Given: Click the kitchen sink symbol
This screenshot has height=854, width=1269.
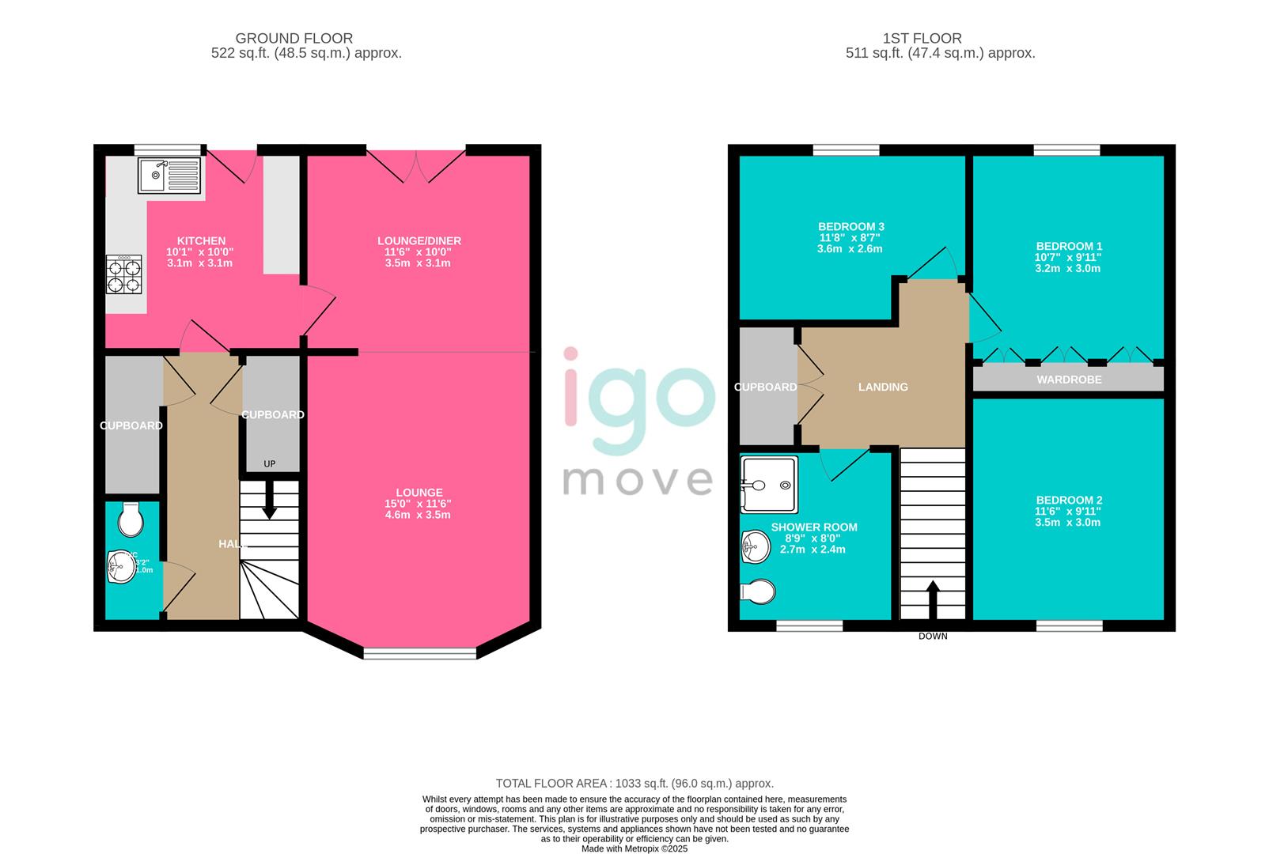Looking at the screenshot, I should coord(169,176).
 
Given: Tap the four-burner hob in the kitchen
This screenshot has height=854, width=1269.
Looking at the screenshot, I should coord(124,274).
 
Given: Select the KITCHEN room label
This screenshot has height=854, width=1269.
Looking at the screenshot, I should coord(201,240).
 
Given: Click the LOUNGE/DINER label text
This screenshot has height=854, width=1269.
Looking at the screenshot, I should coord(419,240).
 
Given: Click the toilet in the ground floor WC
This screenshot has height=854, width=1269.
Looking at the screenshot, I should coord(129,519).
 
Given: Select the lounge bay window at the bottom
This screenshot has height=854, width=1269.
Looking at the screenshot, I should coord(420,653).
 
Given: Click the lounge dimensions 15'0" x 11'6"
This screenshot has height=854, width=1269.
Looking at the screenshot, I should coord(419,504).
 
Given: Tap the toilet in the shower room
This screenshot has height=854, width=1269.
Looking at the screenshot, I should coord(758,591).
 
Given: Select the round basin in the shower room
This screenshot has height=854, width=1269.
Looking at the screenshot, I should coord(756,546).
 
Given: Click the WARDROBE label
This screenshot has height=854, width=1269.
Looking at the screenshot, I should coord(1069,380).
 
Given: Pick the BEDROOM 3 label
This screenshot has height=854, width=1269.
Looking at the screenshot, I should coord(851,226).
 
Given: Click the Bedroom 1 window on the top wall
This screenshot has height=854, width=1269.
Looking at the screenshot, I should coord(1066,150).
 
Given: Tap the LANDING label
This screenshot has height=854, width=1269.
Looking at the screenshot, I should coord(883,387).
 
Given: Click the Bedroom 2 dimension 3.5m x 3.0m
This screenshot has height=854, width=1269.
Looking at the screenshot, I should coord(1069,522).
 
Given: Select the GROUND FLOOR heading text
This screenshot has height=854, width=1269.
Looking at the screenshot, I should coord(294,38).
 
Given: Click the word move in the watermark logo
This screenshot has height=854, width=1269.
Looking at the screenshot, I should coord(638,480).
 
